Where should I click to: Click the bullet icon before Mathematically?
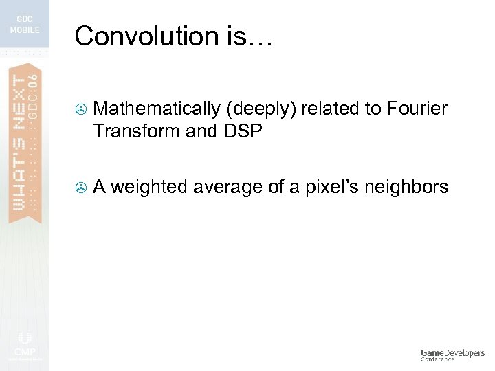(80, 109)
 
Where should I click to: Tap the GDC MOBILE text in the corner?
(24, 25)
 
